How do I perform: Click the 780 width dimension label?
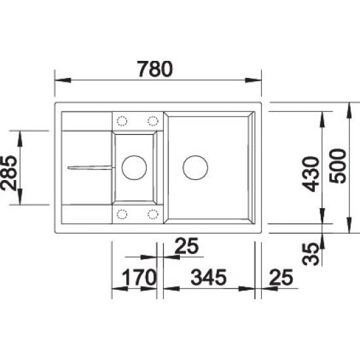(x=154, y=69)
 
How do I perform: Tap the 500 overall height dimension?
(x=337, y=166)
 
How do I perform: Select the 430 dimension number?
(x=311, y=174)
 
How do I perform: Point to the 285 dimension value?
(x=9, y=173)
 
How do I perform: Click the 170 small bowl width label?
(x=139, y=277)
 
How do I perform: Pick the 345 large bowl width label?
(x=208, y=277)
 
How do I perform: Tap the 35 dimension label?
(x=311, y=254)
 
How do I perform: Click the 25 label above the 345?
(x=186, y=245)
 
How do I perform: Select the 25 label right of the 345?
(x=281, y=277)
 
